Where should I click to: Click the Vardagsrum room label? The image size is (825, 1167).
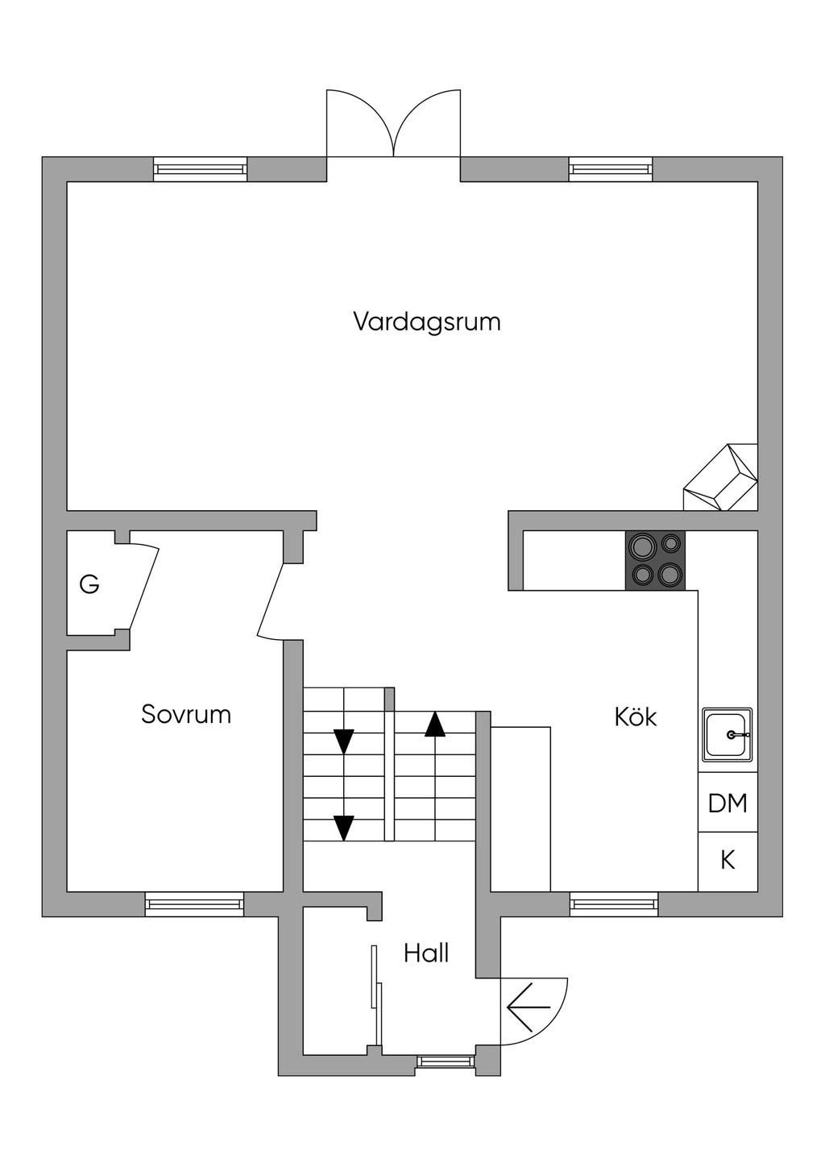coord(426,322)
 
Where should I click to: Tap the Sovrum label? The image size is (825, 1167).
coord(186,714)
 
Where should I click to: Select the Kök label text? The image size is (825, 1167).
coord(635,716)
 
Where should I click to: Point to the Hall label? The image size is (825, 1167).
coord(426,953)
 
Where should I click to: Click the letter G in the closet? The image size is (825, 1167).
coord(89,584)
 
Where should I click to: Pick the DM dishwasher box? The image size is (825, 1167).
coord(728,803)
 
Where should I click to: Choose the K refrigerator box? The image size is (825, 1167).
coord(728,861)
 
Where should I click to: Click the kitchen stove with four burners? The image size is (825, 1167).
coord(655,560)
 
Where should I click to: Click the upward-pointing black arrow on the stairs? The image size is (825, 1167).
coord(435,724)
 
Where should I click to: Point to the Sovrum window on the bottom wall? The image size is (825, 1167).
coord(194,904)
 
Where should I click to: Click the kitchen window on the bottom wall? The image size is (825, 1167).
coord(614,904)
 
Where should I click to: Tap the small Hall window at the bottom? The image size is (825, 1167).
coord(445,1062)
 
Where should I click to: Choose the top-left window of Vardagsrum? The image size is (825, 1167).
coord(201,169)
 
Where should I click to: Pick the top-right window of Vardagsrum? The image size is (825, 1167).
coord(611,169)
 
